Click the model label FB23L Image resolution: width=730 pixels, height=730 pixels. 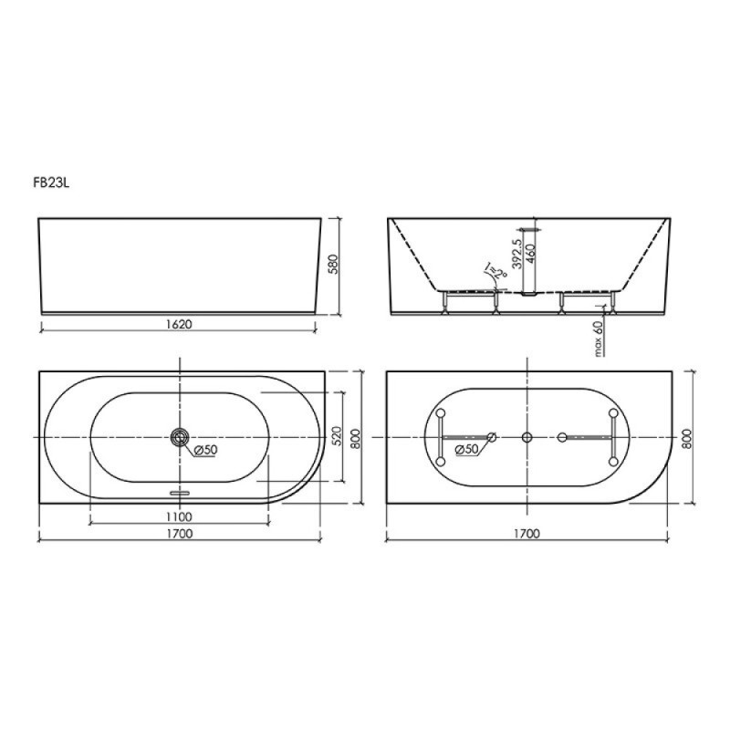51,183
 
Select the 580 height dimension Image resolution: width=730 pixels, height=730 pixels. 334,264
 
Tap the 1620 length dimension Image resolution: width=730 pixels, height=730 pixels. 179,324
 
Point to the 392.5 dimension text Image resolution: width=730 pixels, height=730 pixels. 516,255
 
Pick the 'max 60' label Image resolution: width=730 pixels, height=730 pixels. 599,339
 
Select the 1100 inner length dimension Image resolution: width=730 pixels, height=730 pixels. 179,516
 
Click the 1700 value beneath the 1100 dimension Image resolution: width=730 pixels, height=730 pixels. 179,534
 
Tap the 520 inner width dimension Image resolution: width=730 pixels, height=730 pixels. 337,436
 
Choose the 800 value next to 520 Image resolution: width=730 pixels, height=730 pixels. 355,438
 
